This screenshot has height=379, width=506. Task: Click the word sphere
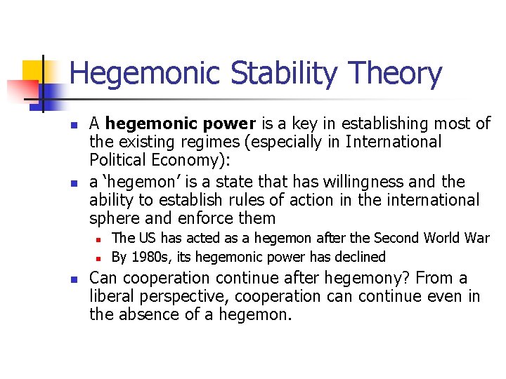click(113, 218)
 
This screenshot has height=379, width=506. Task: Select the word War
click(476, 239)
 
